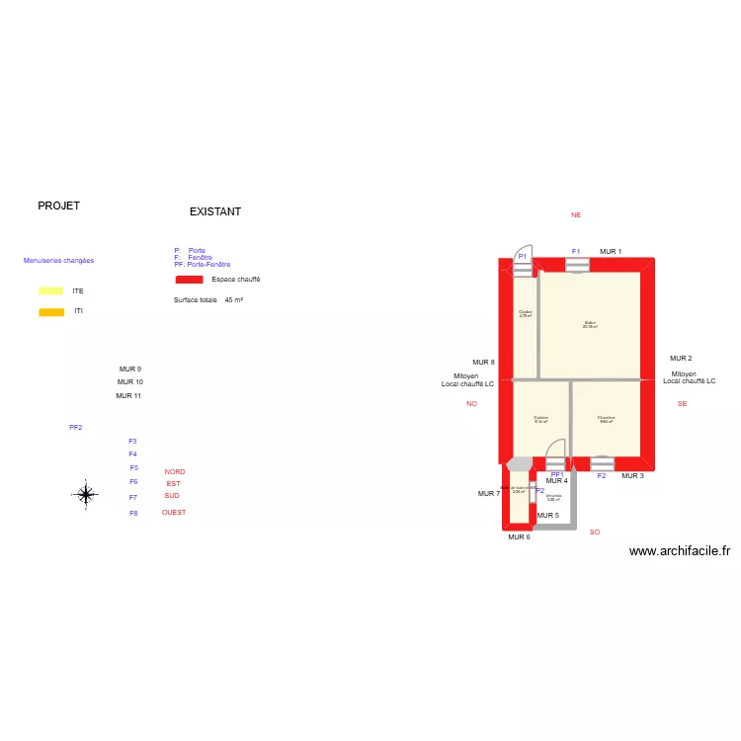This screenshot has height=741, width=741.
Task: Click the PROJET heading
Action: tap(58, 206)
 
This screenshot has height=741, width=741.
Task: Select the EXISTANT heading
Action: tap(215, 212)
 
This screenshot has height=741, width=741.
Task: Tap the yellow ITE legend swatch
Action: tap(50, 291)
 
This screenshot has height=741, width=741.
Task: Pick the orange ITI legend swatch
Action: tap(50, 312)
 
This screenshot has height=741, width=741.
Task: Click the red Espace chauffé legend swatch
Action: tap(189, 281)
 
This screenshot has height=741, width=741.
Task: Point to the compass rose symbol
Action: tap(86, 494)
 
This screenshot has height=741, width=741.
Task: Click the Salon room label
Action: tap(590, 324)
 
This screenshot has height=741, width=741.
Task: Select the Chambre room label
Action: tap(606, 419)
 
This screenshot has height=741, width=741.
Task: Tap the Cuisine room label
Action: tap(540, 419)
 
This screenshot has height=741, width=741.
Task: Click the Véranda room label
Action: tap(553, 497)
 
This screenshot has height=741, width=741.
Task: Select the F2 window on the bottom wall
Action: tap(602, 462)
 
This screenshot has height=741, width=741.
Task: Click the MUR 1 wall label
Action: tap(611, 252)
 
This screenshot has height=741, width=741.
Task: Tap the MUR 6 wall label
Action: tap(519, 537)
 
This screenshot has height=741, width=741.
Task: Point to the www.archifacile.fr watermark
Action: tap(679, 552)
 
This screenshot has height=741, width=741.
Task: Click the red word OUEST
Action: tap(174, 513)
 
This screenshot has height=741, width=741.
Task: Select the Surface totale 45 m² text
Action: tap(208, 300)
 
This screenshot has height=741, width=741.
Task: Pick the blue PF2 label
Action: tap(75, 428)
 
